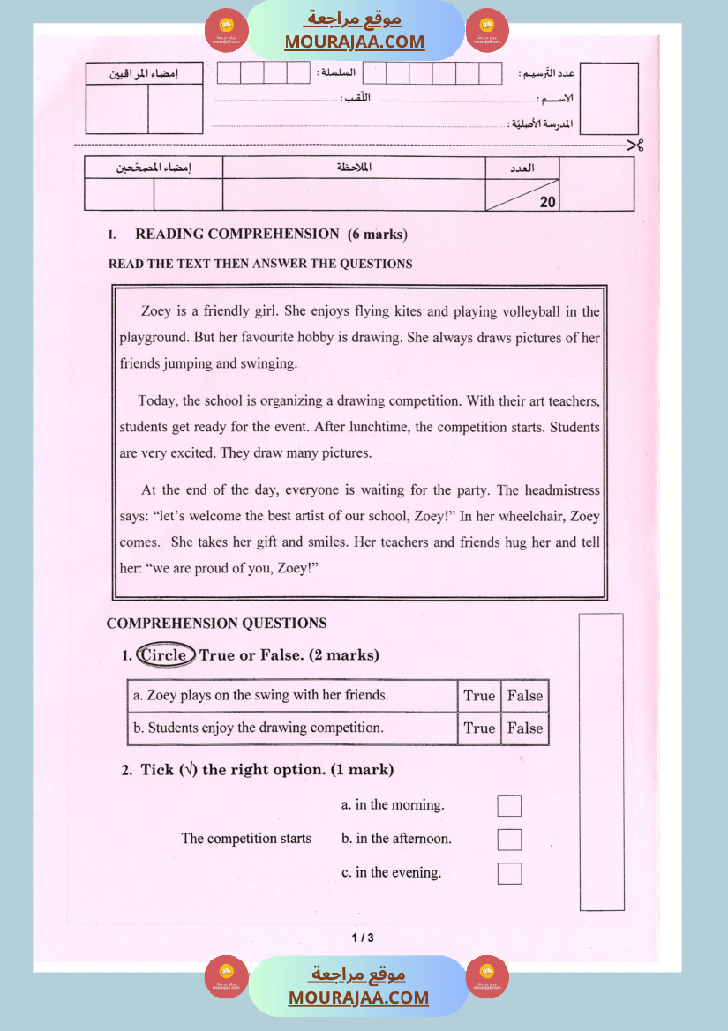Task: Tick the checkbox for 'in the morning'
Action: click(x=509, y=805)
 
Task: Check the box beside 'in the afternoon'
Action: click(x=509, y=839)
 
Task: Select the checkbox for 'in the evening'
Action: click(x=509, y=873)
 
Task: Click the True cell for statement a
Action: click(x=479, y=696)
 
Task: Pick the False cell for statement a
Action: click(x=525, y=696)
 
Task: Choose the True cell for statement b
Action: click(x=479, y=728)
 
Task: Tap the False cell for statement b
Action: click(x=525, y=728)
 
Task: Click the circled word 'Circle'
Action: click(x=165, y=654)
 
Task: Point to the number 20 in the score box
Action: click(x=548, y=202)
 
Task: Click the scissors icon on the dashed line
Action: click(x=634, y=146)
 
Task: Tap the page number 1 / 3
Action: click(x=363, y=938)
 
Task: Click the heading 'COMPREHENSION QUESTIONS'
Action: click(x=217, y=623)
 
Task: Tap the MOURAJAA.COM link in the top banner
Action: click(x=355, y=41)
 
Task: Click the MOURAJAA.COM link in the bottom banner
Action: click(x=358, y=997)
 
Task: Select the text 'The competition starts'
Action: click(x=246, y=839)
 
